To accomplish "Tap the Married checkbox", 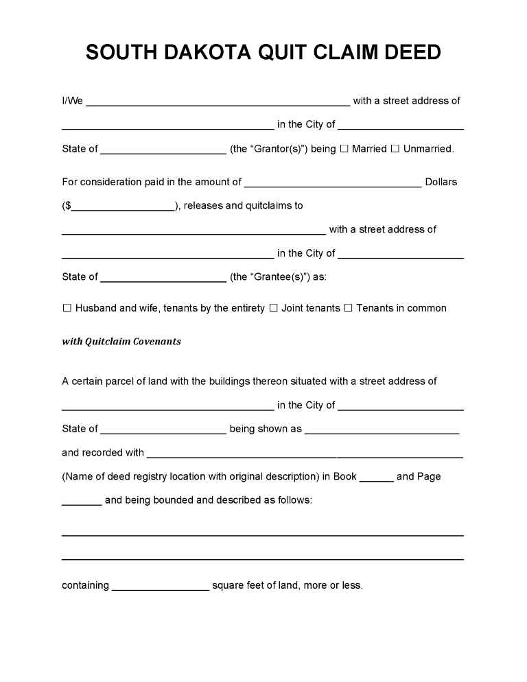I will coord(344,149).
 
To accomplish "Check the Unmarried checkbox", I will coord(395,149).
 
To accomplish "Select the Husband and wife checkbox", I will coord(67,308).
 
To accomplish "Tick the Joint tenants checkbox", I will coord(273,308).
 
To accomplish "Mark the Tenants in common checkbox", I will coord(348,308).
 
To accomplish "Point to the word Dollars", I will coord(441,182).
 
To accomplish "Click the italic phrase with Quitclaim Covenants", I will coord(121,341).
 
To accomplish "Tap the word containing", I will coord(85,585).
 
